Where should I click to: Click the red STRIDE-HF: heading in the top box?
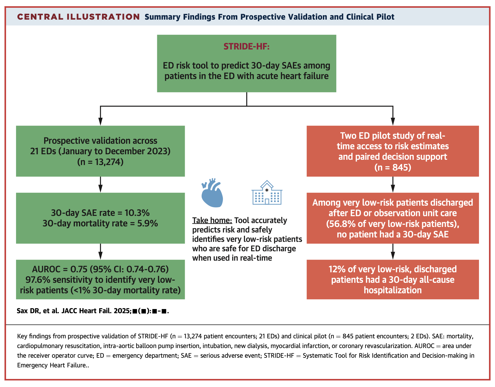coord(246,46)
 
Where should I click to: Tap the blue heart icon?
coord(212,193)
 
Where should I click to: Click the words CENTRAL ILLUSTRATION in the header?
coord(78,17)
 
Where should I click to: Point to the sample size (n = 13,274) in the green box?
coord(100,162)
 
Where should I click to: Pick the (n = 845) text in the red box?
coord(393,167)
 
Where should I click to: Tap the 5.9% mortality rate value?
coord(148,223)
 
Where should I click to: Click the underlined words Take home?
coord(212,220)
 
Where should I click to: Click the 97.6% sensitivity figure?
coord(38,279)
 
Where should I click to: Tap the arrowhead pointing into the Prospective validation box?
coord(100,121)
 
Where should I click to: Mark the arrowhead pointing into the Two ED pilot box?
coord(393,121)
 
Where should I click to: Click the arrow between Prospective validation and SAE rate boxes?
coord(100,184)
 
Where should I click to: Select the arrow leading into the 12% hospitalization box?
coord(393,252)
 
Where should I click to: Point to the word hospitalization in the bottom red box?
coord(393,290)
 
